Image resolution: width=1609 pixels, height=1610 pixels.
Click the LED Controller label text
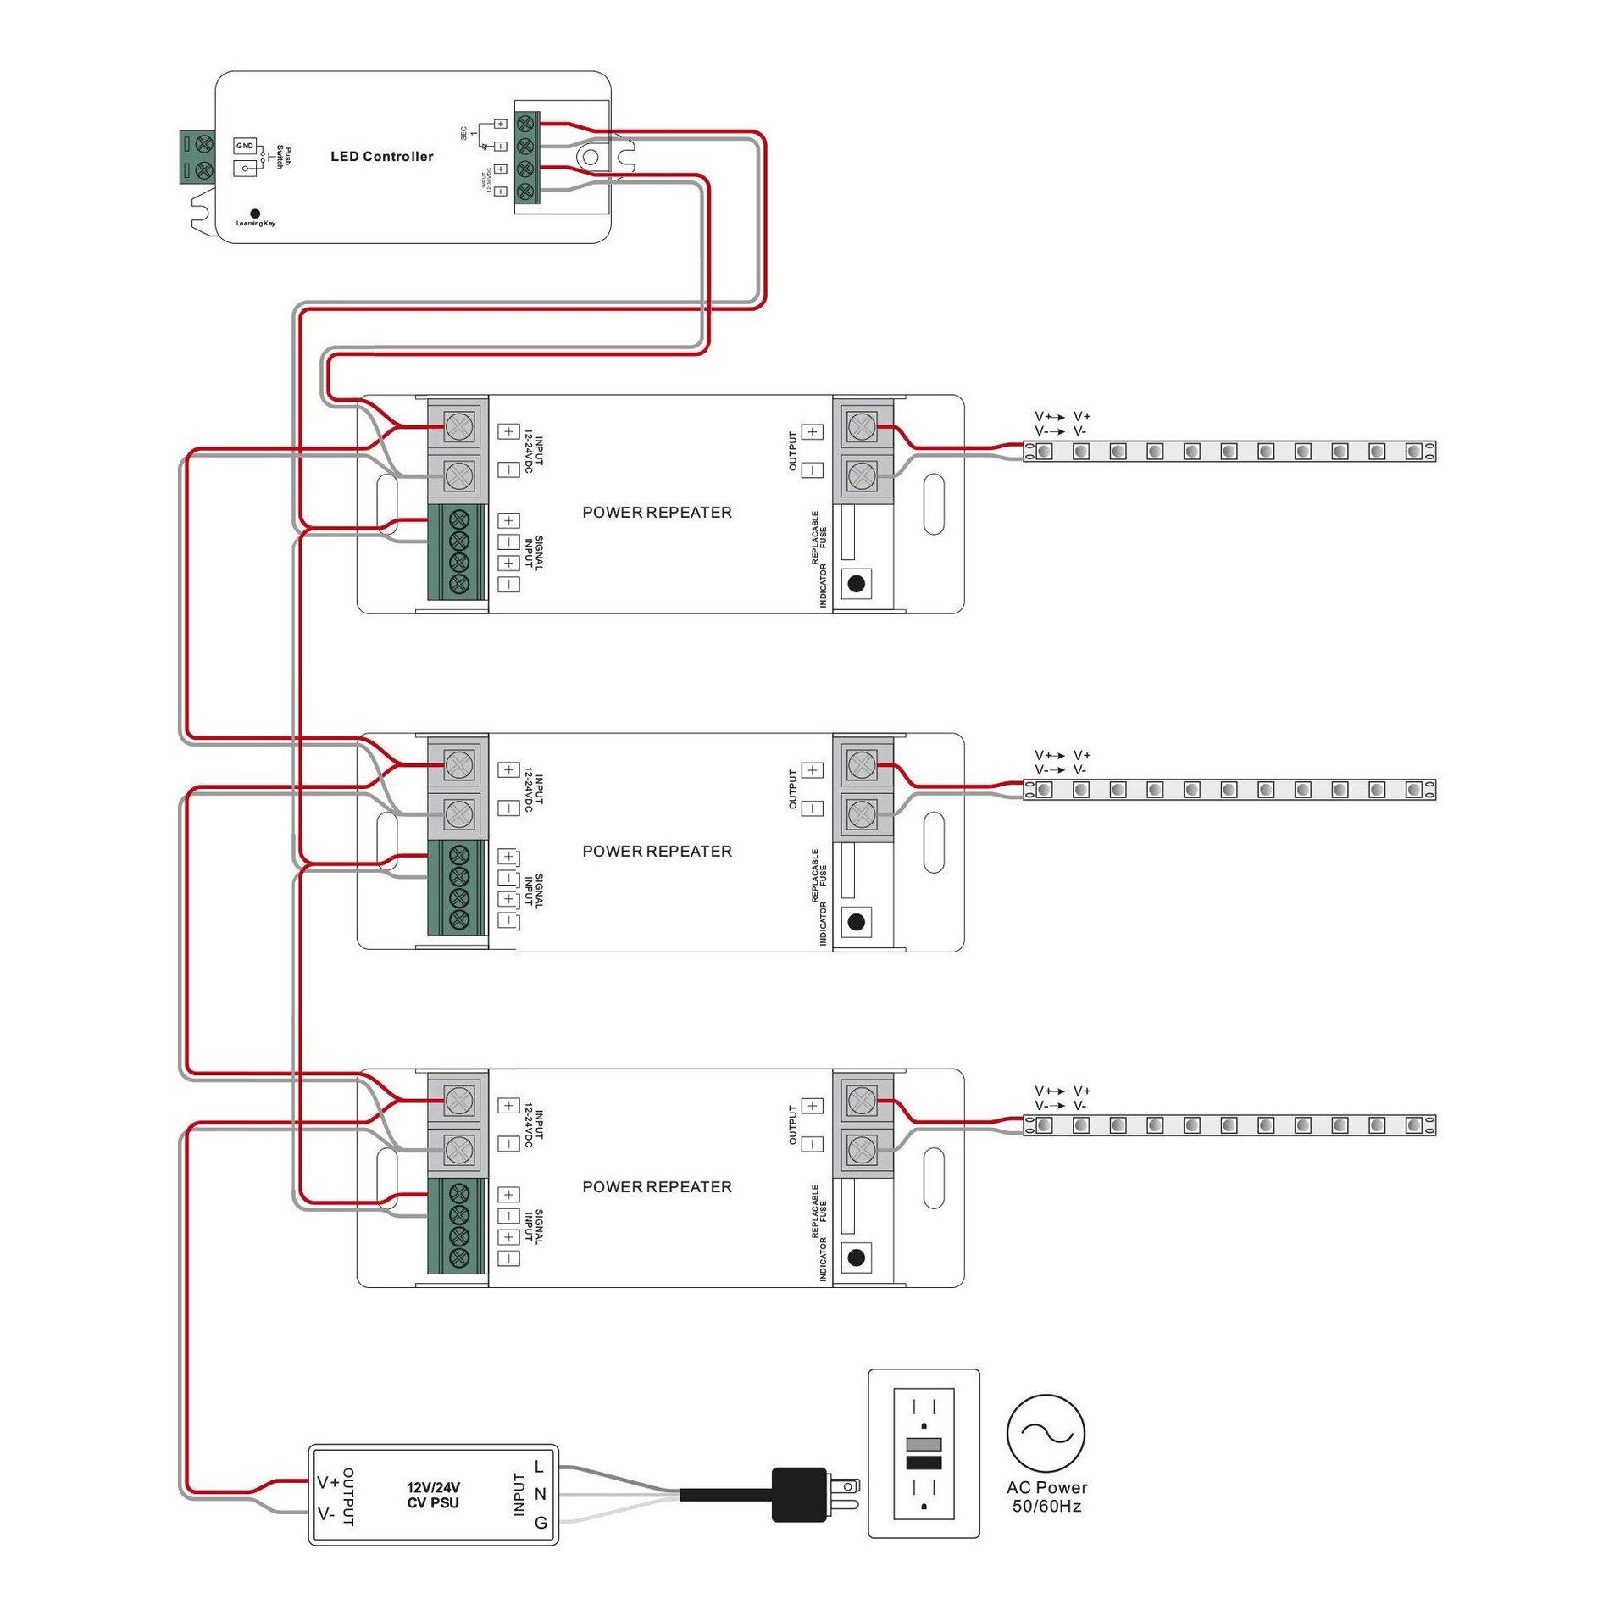pyautogui.click(x=381, y=157)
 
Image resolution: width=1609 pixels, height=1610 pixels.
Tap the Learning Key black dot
pyautogui.click(x=255, y=214)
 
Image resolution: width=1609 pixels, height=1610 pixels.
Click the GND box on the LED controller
pyautogui.click(x=245, y=146)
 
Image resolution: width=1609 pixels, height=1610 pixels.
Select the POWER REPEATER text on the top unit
pyautogui.click(x=657, y=513)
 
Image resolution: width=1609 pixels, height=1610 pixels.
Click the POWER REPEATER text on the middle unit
pyautogui.click(x=657, y=852)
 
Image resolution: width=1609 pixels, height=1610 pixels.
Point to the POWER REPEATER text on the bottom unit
pyautogui.click(x=657, y=1187)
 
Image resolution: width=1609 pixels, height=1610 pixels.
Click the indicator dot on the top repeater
pyautogui.click(x=856, y=583)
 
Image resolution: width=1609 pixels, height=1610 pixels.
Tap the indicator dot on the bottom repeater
pyautogui.click(x=856, y=1257)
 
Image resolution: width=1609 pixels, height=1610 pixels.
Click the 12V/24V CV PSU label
pyautogui.click(x=433, y=1496)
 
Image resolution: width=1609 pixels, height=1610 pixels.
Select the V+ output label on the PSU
pyautogui.click(x=328, y=1482)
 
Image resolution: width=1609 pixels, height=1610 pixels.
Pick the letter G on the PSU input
pyautogui.click(x=541, y=1523)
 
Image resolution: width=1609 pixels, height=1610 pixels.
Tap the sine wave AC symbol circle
pyautogui.click(x=1046, y=1434)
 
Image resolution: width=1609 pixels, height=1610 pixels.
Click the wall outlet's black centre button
pyautogui.click(x=924, y=1463)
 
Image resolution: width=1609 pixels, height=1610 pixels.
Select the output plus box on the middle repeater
pyautogui.click(x=812, y=770)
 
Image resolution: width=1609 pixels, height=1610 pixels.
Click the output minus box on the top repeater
pyautogui.click(x=812, y=470)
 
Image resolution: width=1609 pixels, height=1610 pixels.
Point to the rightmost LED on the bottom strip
pyautogui.click(x=1413, y=1125)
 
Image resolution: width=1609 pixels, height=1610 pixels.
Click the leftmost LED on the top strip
pyautogui.click(x=1045, y=452)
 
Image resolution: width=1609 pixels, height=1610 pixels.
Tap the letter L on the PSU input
pyautogui.click(x=539, y=1467)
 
